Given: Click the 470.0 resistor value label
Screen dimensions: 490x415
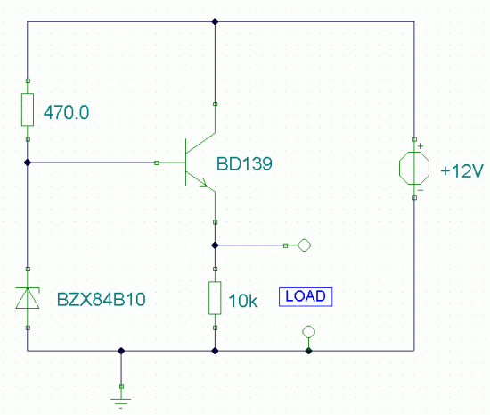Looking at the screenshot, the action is click(66, 112).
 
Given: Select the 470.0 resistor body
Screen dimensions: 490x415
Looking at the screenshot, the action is click(28, 110).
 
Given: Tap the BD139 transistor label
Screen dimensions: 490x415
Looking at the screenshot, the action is click(244, 163).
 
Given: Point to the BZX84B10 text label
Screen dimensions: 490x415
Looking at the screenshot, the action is click(102, 299).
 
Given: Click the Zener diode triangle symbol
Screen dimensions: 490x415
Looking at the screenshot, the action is click(28, 298).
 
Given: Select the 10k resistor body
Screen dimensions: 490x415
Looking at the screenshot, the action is click(215, 298).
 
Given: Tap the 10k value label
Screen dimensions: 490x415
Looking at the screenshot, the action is click(243, 301).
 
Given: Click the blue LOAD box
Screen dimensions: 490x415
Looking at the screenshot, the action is click(306, 296).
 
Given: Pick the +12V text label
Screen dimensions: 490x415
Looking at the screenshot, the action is click(461, 171).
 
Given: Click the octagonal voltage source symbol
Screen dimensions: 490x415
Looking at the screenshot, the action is click(414, 169).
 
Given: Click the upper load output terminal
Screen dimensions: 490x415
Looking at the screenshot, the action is click(304, 245).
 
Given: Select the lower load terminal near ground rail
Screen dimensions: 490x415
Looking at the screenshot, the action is click(309, 332).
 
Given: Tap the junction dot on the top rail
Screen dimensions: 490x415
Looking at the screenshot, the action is click(215, 21).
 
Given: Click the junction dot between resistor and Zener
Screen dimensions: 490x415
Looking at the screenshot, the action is click(28, 162).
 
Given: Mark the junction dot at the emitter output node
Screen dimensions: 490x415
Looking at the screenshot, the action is click(215, 245).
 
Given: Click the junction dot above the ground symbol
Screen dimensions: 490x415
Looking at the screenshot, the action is click(121, 351).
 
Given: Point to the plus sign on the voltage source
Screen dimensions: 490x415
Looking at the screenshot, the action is click(421, 146).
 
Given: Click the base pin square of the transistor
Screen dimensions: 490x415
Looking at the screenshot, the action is click(157, 162).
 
